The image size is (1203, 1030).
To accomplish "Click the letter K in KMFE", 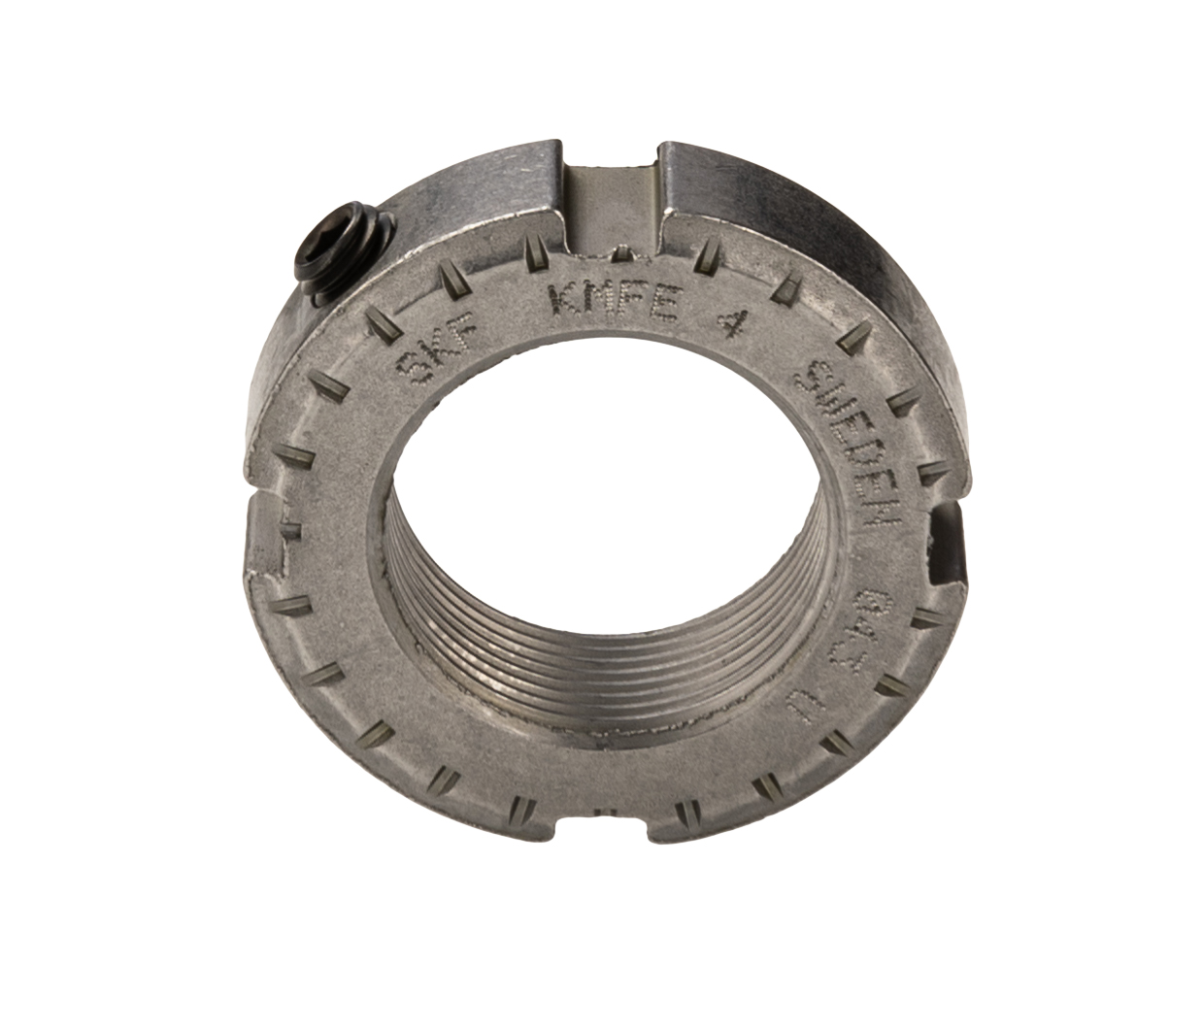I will (566, 300).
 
